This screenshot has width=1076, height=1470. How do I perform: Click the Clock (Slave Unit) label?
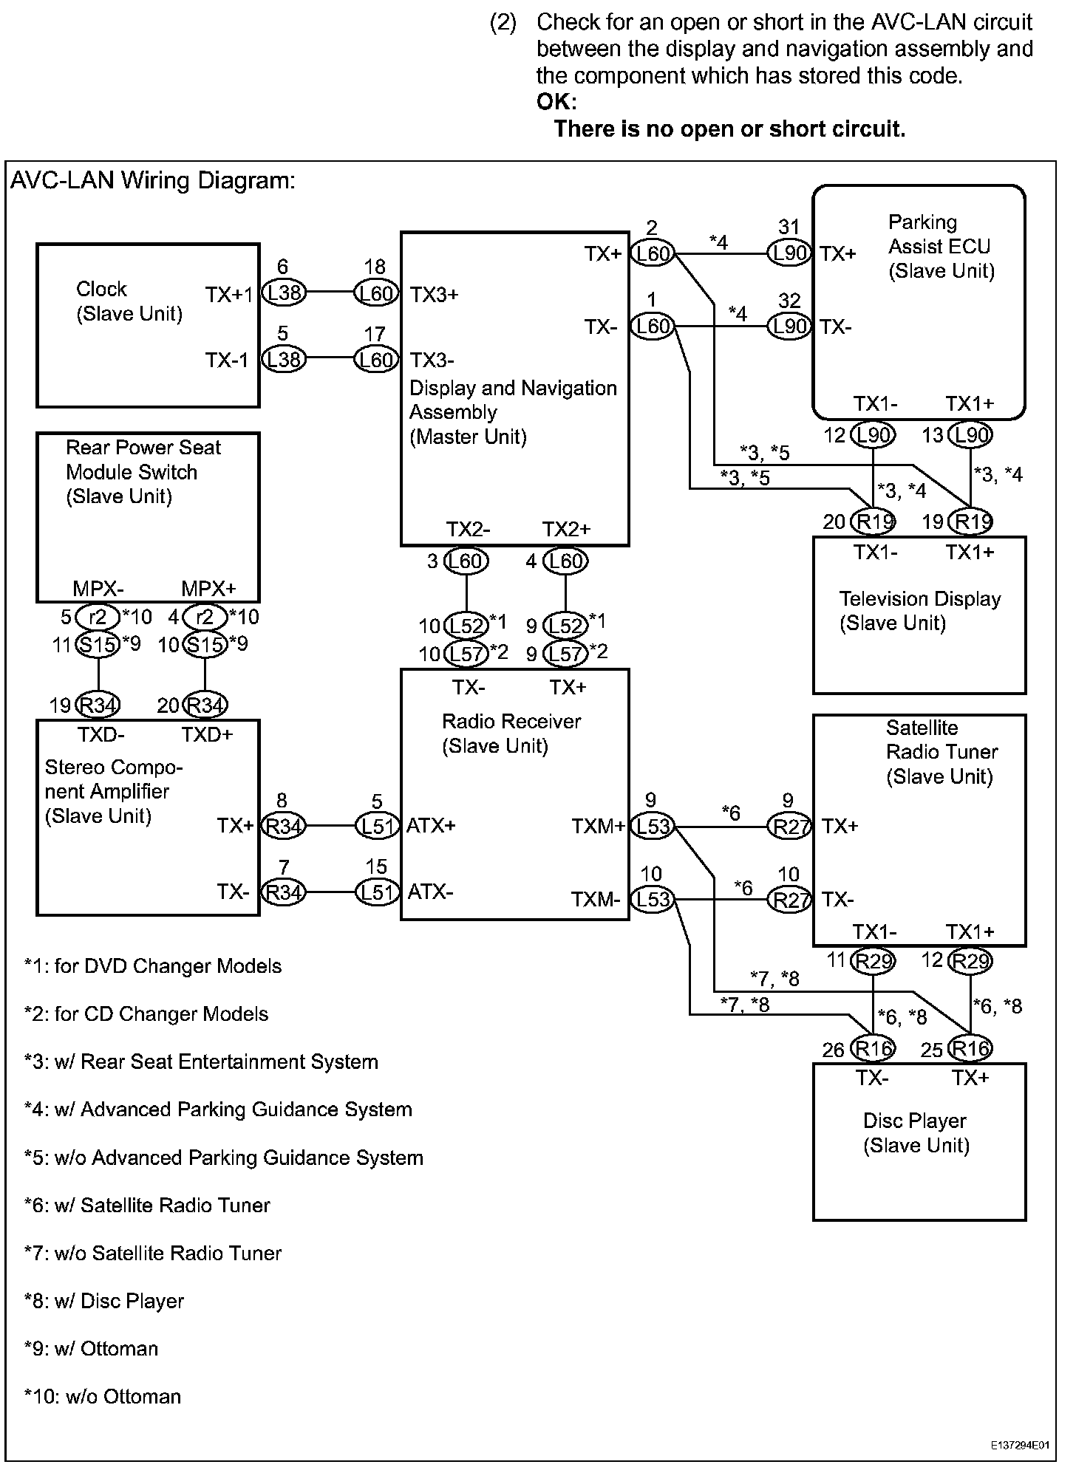point(129,301)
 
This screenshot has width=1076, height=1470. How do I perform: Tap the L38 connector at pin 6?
point(284,293)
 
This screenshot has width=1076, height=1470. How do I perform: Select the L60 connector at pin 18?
point(376,293)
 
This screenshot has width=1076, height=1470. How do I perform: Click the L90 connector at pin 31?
point(790,253)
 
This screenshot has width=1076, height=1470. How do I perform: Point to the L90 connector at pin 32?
point(790,326)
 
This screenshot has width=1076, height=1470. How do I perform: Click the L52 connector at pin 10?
point(466,626)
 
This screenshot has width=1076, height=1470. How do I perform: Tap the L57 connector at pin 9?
point(565,653)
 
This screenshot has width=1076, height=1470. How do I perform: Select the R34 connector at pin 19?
point(98,705)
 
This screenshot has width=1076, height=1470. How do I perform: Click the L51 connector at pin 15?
point(377,892)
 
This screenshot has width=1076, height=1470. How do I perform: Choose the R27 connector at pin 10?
point(790,900)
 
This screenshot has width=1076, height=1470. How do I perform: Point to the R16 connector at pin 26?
point(873,1048)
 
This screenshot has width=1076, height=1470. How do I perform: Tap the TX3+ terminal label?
point(435,295)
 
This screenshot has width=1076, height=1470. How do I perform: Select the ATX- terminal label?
point(430,892)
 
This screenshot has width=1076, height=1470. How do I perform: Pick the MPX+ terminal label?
point(208,589)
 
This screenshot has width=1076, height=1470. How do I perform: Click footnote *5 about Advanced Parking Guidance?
point(224,1158)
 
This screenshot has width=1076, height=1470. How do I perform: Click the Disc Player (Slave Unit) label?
point(916,1133)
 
